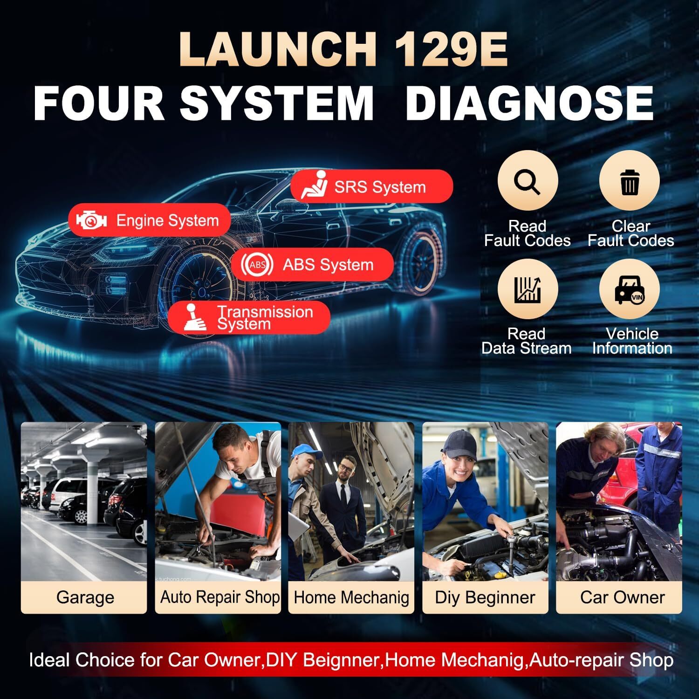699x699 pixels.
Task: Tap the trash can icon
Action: click(x=629, y=181)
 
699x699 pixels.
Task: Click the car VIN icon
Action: click(x=629, y=289)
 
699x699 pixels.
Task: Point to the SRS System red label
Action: click(x=371, y=186)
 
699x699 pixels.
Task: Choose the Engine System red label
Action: click(x=150, y=220)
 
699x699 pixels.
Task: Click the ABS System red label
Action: click(x=312, y=265)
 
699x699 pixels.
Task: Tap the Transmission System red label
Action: click(x=249, y=318)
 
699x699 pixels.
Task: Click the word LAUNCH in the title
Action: click(x=278, y=50)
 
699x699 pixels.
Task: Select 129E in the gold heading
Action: click(x=451, y=50)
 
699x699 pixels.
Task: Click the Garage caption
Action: click(x=85, y=597)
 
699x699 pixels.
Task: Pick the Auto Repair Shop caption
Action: click(x=219, y=597)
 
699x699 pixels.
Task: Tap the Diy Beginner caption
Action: click(x=485, y=597)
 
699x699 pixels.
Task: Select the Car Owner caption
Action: click(x=622, y=597)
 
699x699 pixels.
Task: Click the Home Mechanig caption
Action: click(x=351, y=597)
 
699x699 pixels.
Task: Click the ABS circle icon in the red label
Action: click(x=257, y=265)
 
